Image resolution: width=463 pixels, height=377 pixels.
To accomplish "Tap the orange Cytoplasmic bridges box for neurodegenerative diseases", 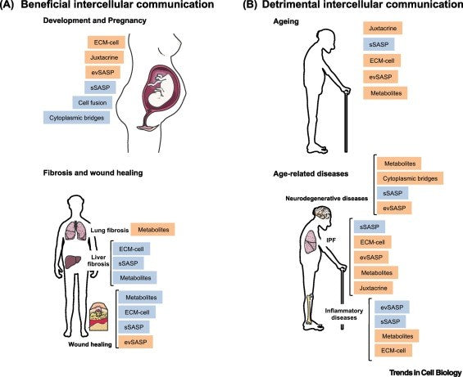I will click(411, 177).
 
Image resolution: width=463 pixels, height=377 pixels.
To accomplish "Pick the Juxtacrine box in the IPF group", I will click(375, 288).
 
